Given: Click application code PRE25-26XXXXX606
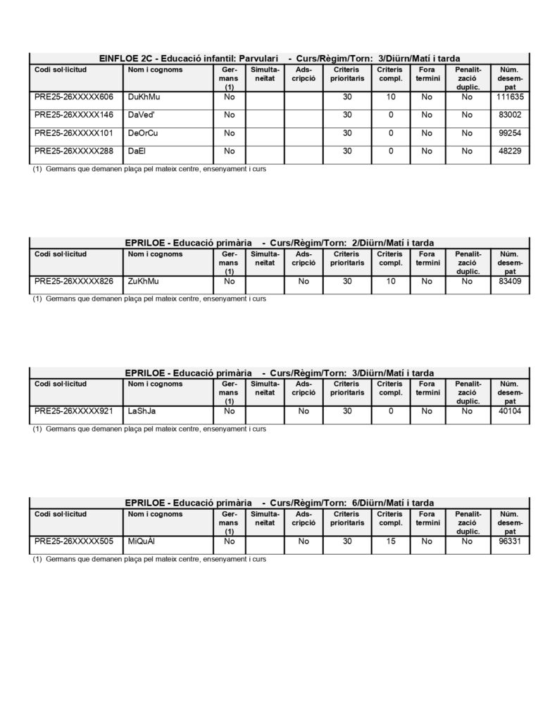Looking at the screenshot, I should click(x=74, y=96).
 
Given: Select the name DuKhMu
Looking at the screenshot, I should click(x=144, y=96).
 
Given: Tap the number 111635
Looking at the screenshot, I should click(x=511, y=96).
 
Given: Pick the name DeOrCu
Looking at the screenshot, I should click(x=143, y=132).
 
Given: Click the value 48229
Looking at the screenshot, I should click(x=511, y=151).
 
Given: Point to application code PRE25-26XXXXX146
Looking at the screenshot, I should click(x=74, y=114).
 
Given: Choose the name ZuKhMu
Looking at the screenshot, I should click(x=144, y=281).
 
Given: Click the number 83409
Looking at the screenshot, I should click(x=511, y=281).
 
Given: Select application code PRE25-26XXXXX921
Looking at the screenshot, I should click(x=74, y=410).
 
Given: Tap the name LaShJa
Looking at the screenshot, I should click(x=144, y=410).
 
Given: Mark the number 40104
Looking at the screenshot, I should click(x=511, y=410).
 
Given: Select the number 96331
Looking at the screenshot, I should click(x=511, y=541).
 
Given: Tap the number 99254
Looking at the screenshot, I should click(x=511, y=132).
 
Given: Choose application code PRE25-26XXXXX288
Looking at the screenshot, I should click(x=74, y=151).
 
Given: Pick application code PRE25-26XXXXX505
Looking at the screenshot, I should click(x=74, y=541).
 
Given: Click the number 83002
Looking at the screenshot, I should click(x=511, y=114).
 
